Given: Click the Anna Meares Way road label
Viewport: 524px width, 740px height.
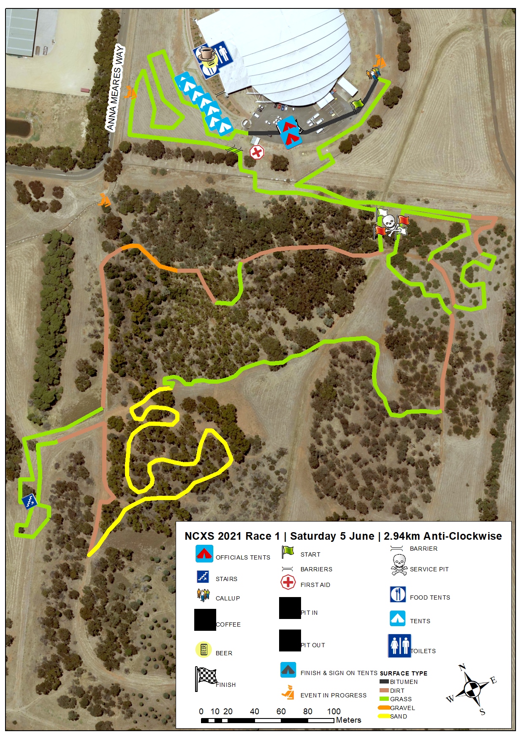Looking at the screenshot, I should [x=115, y=88].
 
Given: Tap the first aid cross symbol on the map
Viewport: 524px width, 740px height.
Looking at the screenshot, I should [x=257, y=152].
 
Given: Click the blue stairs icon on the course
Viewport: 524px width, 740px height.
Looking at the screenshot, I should [x=30, y=501].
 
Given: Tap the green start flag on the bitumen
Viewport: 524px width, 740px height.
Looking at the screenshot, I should [x=357, y=104].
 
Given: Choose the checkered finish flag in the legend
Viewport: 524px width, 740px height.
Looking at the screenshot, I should [x=205, y=678].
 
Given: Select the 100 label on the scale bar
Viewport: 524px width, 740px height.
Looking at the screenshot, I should [x=334, y=711].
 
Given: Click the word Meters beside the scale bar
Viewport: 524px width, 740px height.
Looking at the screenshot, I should [x=348, y=720].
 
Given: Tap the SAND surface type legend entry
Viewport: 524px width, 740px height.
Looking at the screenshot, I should [x=398, y=716].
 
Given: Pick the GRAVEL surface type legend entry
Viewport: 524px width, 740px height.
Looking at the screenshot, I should [x=402, y=708].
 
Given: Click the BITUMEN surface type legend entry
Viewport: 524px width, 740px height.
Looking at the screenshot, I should [x=403, y=682].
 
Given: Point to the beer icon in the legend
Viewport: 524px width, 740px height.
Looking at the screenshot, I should [x=204, y=650].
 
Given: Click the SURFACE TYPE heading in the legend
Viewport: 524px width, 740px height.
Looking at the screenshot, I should [x=403, y=673].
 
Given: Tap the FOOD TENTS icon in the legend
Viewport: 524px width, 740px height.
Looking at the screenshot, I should [x=398, y=594].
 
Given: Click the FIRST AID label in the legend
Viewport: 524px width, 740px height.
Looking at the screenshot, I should [x=315, y=585].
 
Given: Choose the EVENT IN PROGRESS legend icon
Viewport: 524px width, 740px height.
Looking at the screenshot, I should [x=288, y=692].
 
